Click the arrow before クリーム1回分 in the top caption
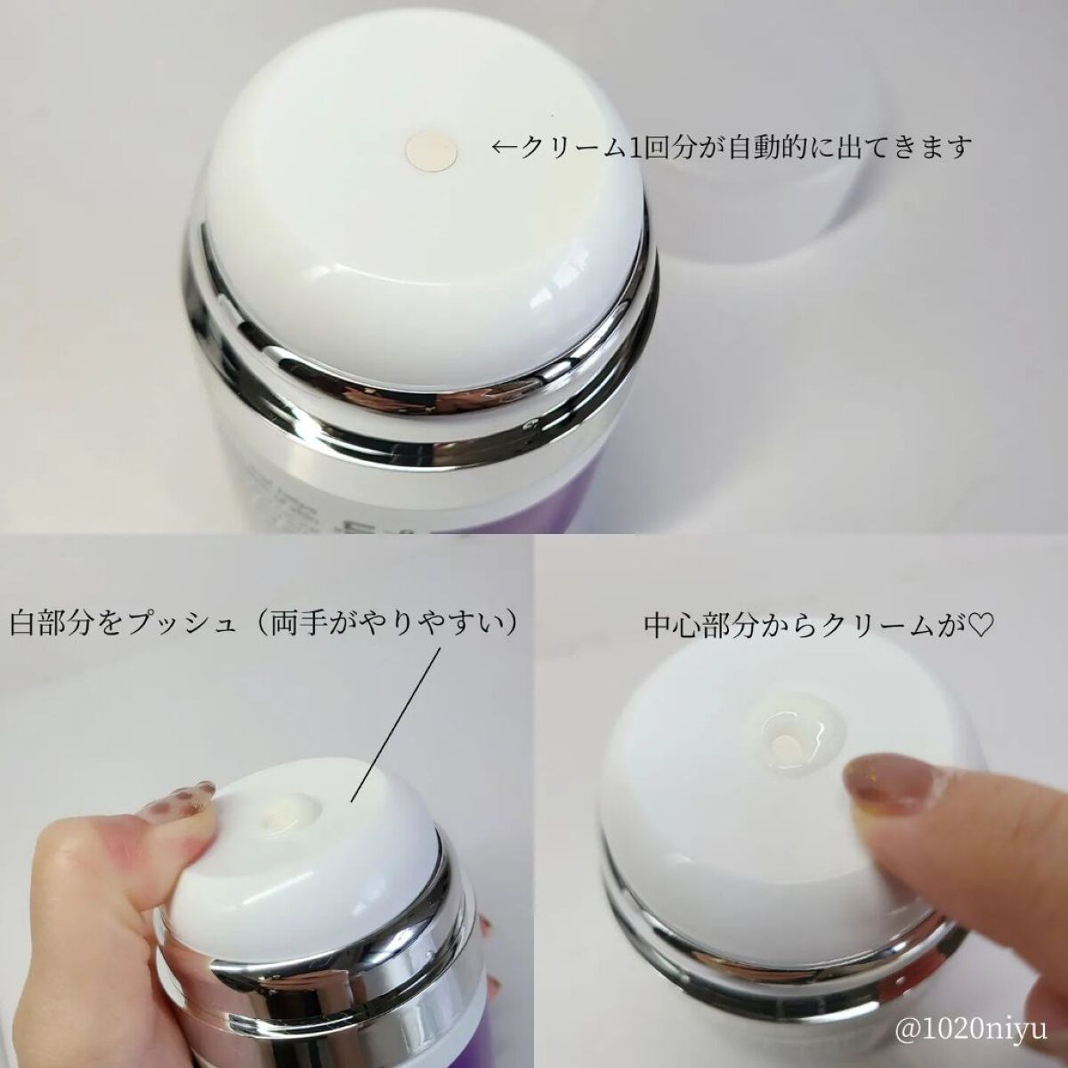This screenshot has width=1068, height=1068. (x=506, y=148)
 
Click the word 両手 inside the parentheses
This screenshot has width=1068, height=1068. (x=298, y=624)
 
